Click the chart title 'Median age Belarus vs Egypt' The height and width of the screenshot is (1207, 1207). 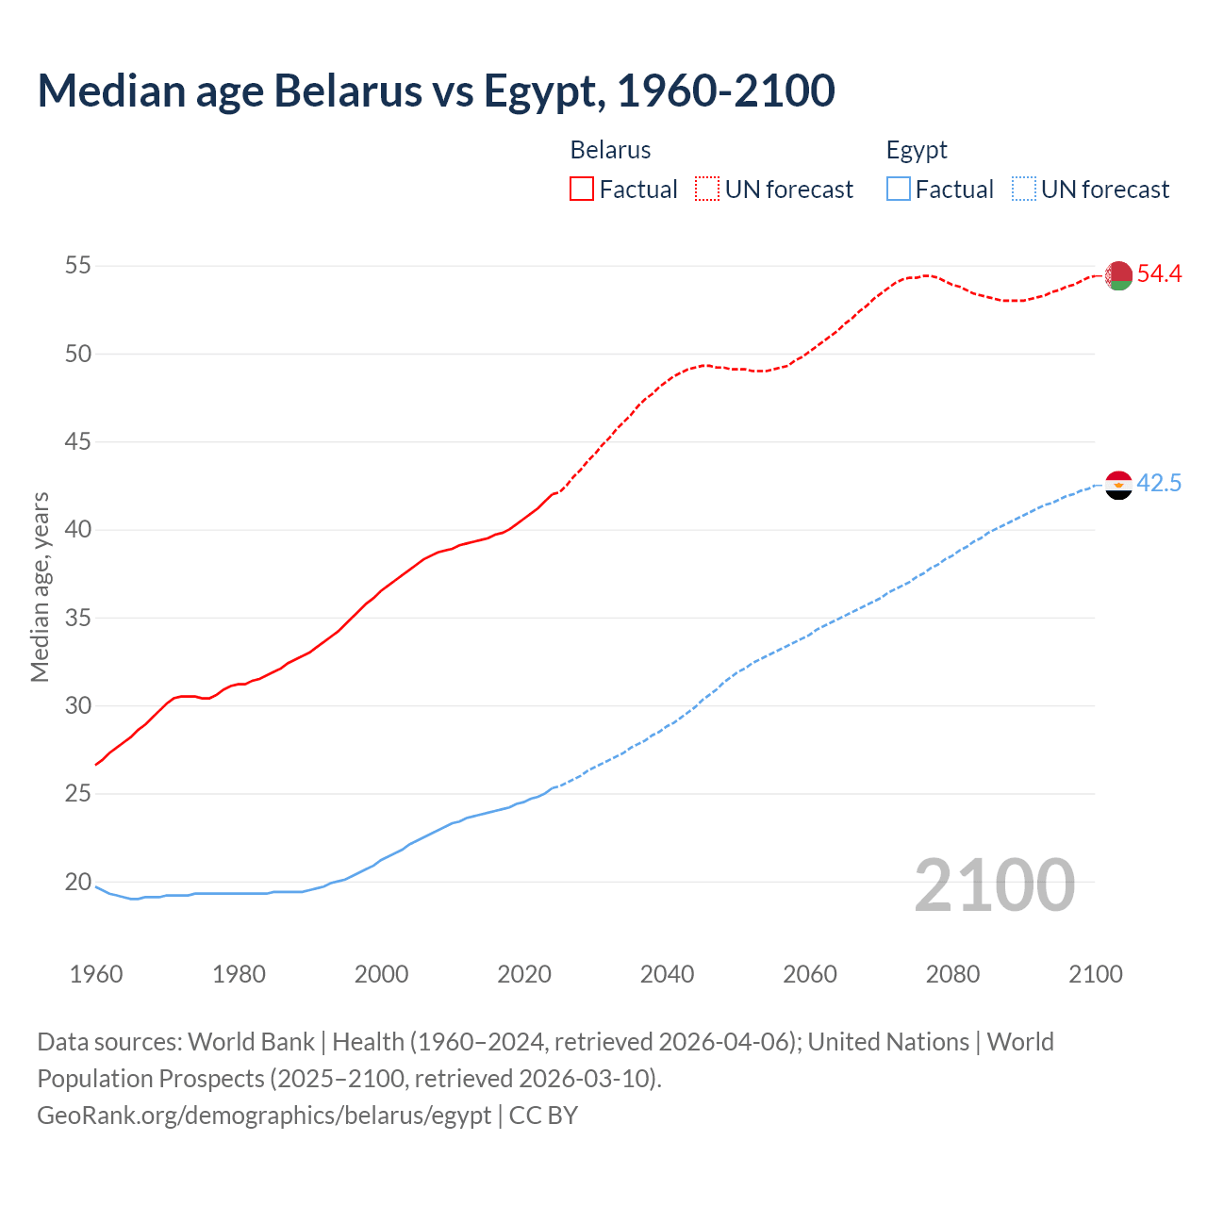pyautogui.click(x=436, y=91)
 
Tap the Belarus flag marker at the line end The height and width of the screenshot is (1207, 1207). pyautogui.click(x=1118, y=275)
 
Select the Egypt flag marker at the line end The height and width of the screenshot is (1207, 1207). pyautogui.click(x=1118, y=485)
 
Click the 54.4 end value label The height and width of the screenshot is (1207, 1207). pyautogui.click(x=1159, y=274)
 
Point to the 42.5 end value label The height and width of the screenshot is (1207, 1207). pyautogui.click(x=1159, y=484)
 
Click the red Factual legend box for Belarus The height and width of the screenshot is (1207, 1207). pyautogui.click(x=582, y=190)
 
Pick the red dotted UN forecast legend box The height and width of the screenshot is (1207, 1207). pyautogui.click(x=707, y=190)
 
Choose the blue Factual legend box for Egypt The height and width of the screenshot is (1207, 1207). pyautogui.click(x=899, y=190)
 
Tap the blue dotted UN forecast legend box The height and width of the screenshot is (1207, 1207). pyautogui.click(x=1024, y=190)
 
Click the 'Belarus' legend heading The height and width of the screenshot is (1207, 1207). pyautogui.click(x=610, y=150)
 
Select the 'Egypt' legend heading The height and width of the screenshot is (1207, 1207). pyautogui.click(x=917, y=150)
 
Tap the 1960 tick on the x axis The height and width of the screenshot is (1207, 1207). pyautogui.click(x=96, y=974)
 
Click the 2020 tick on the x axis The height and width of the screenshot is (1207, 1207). pyautogui.click(x=524, y=974)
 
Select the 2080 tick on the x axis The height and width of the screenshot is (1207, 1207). pyautogui.click(x=952, y=974)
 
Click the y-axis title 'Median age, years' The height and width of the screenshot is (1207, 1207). pyautogui.click(x=40, y=587)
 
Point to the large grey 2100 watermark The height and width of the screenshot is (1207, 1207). pyautogui.click(x=995, y=885)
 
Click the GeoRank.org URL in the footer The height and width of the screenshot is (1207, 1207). pyautogui.click(x=264, y=1116)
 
